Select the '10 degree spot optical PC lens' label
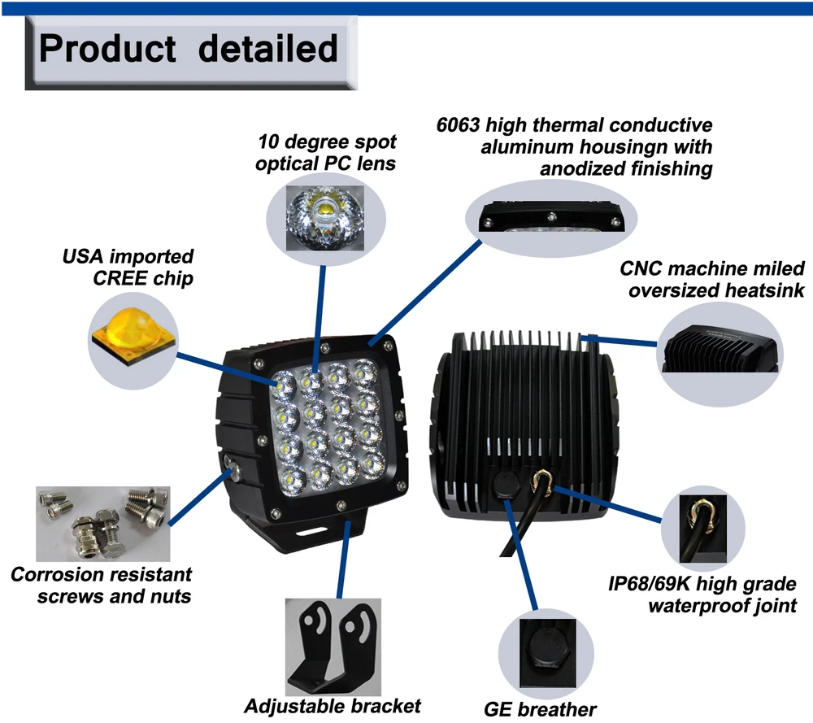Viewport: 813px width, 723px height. pos(326,152)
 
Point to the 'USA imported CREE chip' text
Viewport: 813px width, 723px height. pos(128,268)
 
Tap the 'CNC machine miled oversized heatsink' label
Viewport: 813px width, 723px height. pos(712,279)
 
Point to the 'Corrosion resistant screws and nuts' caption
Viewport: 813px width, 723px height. pos(102,585)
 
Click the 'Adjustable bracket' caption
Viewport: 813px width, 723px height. pos(333,705)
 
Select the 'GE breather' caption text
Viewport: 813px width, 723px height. pos(541,708)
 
